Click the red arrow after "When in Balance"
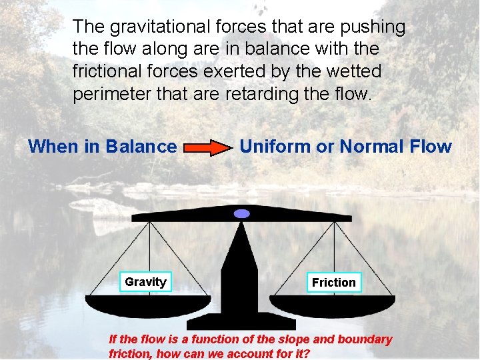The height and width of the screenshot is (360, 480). [x=206, y=147]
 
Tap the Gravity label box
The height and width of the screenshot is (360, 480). [x=145, y=282]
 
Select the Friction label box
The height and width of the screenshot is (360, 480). [x=334, y=283]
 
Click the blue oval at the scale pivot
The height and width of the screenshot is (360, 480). [x=241, y=213]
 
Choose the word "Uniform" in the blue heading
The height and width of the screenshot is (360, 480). [x=274, y=147]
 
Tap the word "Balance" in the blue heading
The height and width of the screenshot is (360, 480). [x=141, y=147]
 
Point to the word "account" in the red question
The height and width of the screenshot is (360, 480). [x=251, y=353]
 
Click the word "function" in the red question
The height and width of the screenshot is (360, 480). [x=199, y=339]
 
